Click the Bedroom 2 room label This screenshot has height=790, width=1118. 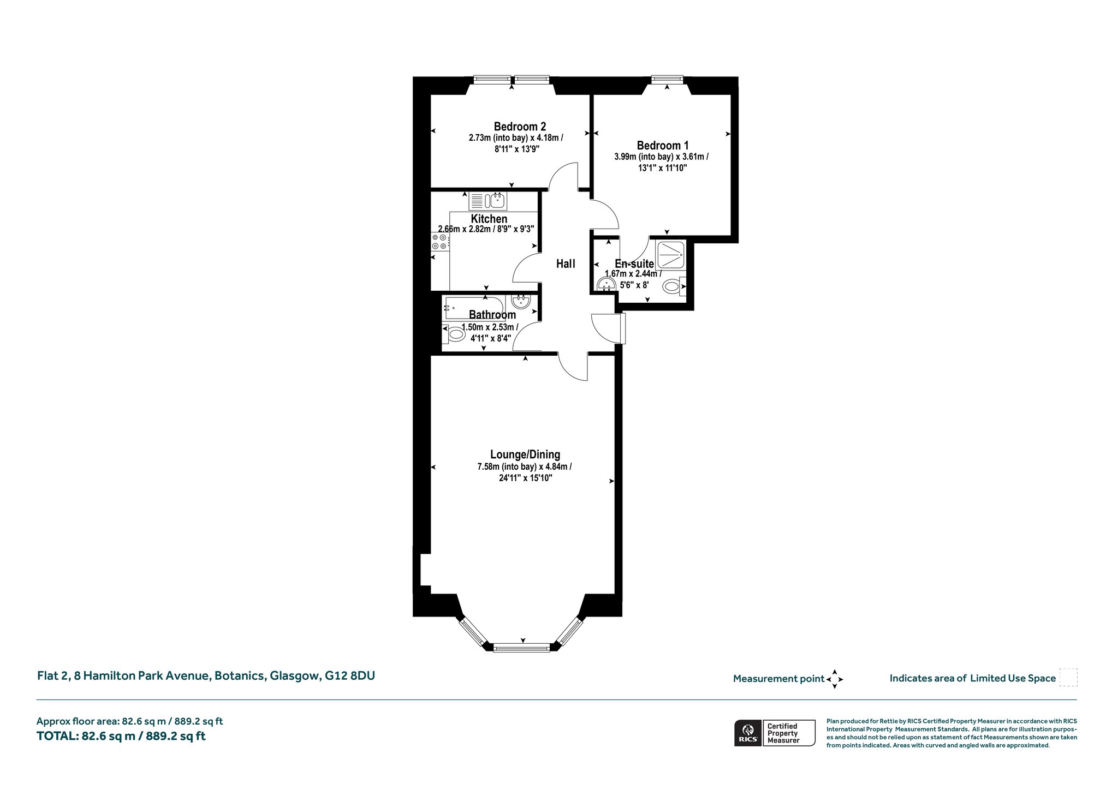(520, 127)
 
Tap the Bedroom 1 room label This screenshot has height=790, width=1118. (662, 146)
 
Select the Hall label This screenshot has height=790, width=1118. (566, 264)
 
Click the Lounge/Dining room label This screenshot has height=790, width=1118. (525, 454)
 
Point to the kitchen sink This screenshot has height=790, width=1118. (488, 201)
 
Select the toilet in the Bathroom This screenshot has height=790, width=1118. (453, 333)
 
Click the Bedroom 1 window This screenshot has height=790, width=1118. (667, 80)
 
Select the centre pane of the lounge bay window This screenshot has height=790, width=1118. (521, 648)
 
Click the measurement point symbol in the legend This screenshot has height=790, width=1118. (835, 679)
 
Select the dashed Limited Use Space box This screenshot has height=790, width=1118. (1068, 678)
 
